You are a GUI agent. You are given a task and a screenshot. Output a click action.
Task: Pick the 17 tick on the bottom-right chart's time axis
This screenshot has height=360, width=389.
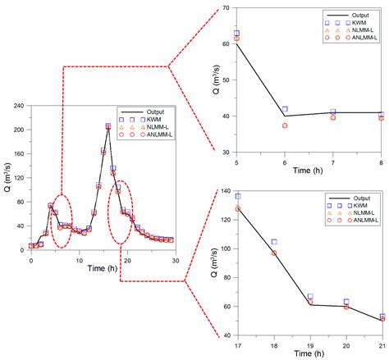(237, 346)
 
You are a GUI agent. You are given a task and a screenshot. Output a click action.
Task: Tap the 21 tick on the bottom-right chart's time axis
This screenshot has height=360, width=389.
(382, 346)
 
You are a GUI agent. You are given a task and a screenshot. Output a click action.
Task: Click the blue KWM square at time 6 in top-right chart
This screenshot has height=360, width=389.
(285, 109)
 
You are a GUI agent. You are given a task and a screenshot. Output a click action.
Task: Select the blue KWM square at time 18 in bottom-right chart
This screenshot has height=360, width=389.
(273, 242)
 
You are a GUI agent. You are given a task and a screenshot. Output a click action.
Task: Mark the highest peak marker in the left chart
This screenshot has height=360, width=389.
(108, 126)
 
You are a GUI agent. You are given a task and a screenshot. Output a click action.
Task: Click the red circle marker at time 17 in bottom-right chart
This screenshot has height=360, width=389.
(237, 208)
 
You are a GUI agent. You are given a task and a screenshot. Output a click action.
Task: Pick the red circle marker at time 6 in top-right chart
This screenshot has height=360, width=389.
(285, 125)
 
